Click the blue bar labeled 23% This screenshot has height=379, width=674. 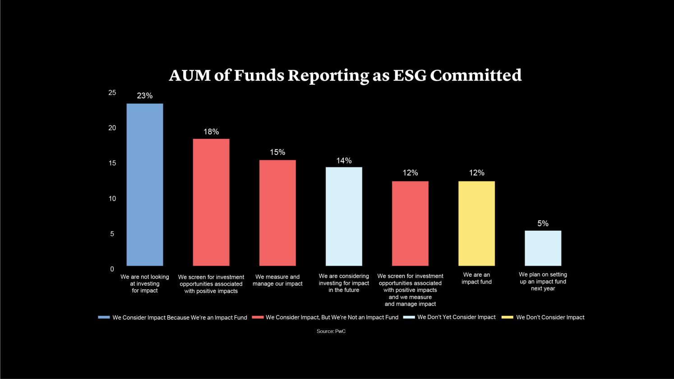pos(145,185)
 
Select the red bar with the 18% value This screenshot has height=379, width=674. pos(211,202)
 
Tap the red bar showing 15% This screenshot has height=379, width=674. pos(277,213)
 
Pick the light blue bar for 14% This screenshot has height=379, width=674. pos(344,216)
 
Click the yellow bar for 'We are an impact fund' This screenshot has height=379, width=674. pos(476,224)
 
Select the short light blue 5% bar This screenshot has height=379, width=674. pos(543,248)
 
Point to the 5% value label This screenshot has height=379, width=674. pos(543,224)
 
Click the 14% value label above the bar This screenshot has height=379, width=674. pos(344,160)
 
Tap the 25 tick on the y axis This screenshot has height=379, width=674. pos(112,92)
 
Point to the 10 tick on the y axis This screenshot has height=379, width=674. pos(112,198)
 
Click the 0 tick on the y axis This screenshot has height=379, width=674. pos(112,269)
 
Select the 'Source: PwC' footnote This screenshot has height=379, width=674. pos(331,331)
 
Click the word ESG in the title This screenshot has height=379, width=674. pos(409,75)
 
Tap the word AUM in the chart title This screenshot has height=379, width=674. pos(189,75)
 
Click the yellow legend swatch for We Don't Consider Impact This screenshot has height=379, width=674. pos(508,317)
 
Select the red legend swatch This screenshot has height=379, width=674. pos(258,317)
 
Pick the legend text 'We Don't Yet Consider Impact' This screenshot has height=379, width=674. pos(456,317)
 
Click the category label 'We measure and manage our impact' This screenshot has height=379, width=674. pos(277,280)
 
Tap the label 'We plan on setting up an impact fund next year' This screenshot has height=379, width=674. pos(543,281)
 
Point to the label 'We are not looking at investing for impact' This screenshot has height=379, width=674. pos(145,283)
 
